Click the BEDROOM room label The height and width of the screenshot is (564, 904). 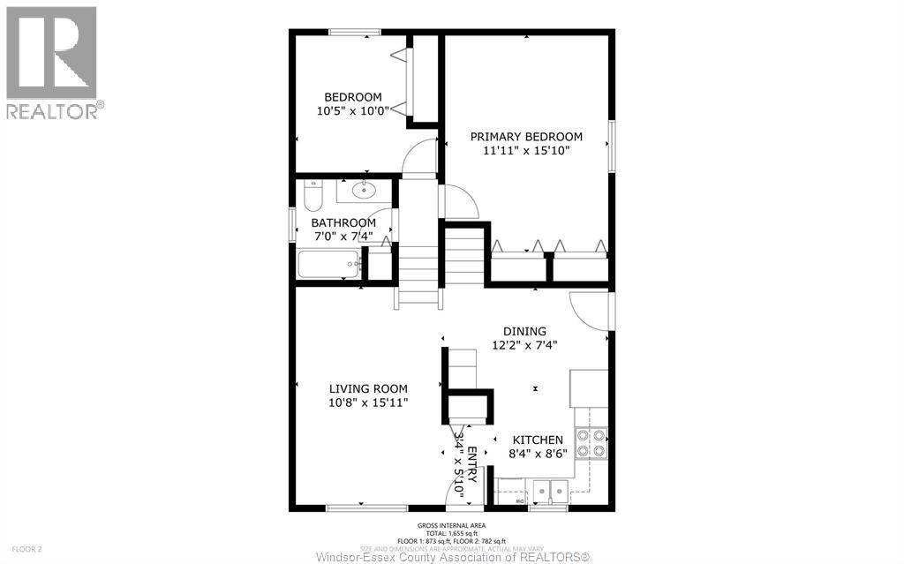pyautogui.click(x=352, y=97)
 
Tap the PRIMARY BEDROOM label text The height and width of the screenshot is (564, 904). pyautogui.click(x=526, y=137)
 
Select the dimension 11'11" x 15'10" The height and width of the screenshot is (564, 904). pyautogui.click(x=526, y=151)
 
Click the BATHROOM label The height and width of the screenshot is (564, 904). pyautogui.click(x=343, y=222)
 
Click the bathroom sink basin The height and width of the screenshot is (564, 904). pyautogui.click(x=363, y=189)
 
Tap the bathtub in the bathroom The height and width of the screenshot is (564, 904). pyautogui.click(x=329, y=264)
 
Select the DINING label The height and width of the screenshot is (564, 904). pyautogui.click(x=524, y=331)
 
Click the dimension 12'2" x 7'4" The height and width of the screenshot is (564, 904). pyautogui.click(x=524, y=345)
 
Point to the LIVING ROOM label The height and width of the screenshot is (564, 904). pyautogui.click(x=368, y=388)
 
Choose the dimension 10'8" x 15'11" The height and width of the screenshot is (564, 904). pyautogui.click(x=368, y=402)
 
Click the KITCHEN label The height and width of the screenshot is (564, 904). pyautogui.click(x=538, y=440)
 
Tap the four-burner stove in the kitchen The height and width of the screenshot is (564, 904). pyautogui.click(x=591, y=442)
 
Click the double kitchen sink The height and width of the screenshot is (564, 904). pyautogui.click(x=550, y=491)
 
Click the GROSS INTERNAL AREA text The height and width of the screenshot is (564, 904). pyautogui.click(x=451, y=524)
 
